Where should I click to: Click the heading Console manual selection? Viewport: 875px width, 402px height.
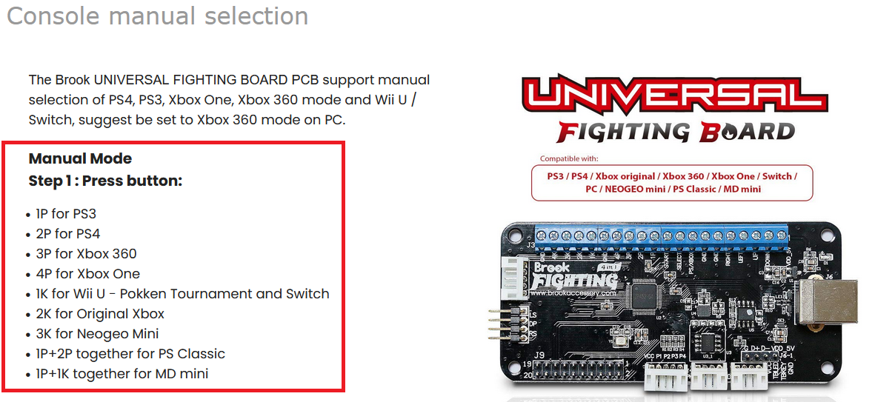[x=157, y=16]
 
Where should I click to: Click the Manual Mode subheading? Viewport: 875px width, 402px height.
[x=80, y=158]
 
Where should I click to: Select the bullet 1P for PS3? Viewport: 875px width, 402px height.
[x=66, y=214]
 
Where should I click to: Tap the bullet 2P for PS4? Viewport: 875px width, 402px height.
[x=67, y=234]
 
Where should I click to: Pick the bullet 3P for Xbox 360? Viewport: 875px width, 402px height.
[x=86, y=254]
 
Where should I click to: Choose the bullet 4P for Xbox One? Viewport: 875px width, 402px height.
[x=87, y=274]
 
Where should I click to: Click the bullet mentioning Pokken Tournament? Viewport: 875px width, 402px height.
[x=182, y=294]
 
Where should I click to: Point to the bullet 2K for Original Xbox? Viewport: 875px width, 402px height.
[x=100, y=314]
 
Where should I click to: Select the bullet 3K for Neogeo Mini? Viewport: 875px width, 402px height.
[x=97, y=334]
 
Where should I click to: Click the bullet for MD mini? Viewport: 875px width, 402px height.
[x=122, y=374]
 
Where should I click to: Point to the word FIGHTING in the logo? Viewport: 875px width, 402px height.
[x=622, y=132]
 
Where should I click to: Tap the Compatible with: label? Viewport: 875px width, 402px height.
[x=569, y=158]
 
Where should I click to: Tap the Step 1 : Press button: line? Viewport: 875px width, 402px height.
[x=105, y=181]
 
